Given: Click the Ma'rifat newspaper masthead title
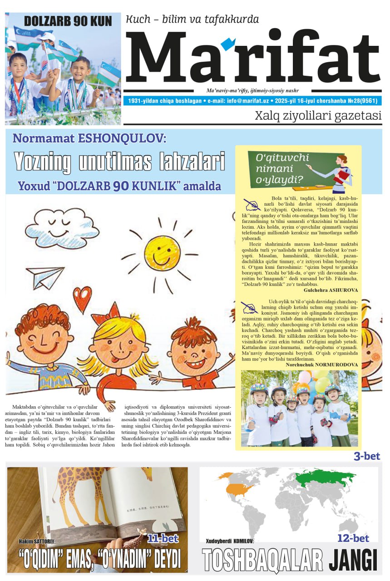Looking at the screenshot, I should pos(252,58).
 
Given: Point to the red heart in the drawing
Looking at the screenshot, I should pos(82,299).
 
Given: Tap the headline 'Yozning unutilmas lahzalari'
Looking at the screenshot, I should pos(119,162).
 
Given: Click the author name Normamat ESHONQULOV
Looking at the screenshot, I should pos(89,138).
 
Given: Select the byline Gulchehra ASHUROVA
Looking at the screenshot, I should pos(331,290).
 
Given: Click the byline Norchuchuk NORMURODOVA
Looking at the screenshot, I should pos(321,364).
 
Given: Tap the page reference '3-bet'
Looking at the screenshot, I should pos(366,456).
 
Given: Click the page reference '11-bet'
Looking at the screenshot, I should pos(163,539).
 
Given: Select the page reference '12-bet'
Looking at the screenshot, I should pos(353,538).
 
